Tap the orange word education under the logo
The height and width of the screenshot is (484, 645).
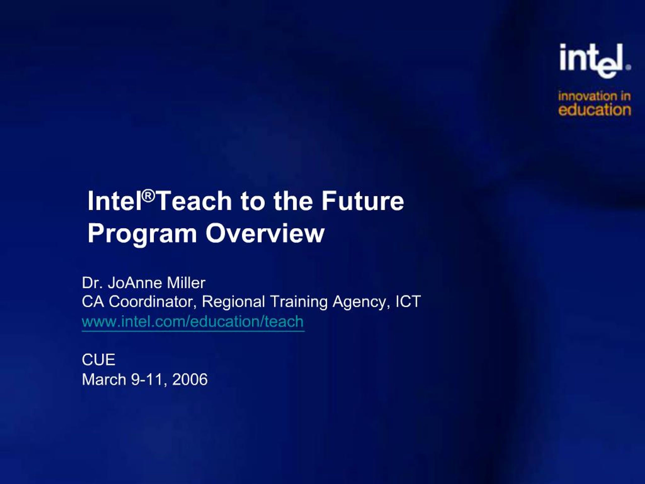point(595,110)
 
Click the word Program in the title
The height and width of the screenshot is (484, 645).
point(142,234)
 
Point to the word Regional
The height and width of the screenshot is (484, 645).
point(233,301)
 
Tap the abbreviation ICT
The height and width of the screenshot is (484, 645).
point(408,301)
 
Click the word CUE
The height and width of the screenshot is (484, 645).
point(99,359)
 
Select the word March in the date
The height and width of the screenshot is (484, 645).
point(104,379)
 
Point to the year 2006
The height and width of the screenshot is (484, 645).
point(190,379)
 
